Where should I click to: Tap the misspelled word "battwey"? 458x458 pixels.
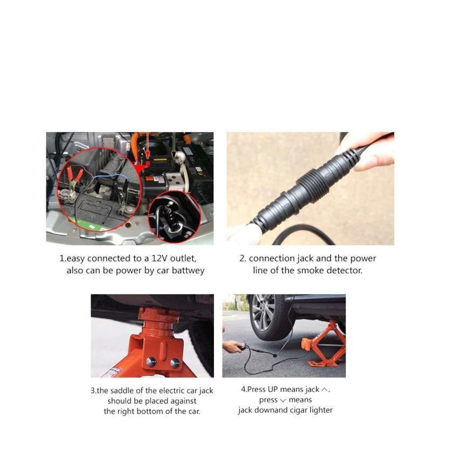(188, 270)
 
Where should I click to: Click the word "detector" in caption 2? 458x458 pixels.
(344, 270)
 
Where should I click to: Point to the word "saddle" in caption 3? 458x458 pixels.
(122, 391)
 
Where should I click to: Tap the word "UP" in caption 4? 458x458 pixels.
(273, 390)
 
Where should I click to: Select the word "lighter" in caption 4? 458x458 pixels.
(321, 410)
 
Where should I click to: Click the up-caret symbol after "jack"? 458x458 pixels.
(324, 390)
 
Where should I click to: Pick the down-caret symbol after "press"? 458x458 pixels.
(283, 400)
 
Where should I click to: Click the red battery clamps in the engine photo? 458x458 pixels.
(74, 175)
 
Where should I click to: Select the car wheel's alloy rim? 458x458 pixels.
(263, 313)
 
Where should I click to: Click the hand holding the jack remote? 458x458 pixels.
(233, 346)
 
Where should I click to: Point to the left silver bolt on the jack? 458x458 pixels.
(151, 362)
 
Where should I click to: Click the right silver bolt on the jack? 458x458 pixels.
(175, 363)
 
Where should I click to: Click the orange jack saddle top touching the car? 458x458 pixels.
(158, 314)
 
